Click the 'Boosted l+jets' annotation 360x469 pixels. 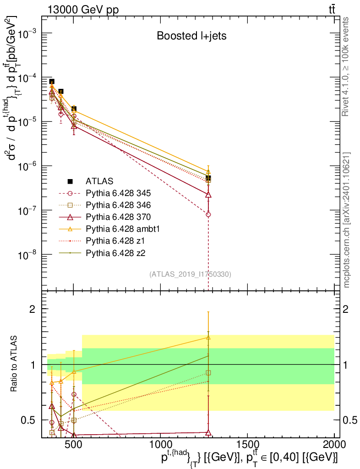tap(192, 36)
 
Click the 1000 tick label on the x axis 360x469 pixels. tap(160, 445)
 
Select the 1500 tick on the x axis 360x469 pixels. tap(247, 445)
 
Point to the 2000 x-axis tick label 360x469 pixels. tap(334, 445)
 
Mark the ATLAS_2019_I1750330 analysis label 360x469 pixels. tap(190, 274)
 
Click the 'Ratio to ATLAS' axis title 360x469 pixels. tap(15, 364)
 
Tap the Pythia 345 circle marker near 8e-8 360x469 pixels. tap(208, 214)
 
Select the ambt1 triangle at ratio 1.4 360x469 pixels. tap(208, 338)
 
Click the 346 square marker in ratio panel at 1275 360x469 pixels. tap(208, 373)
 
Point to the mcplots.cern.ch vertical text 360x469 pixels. tap(347, 220)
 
